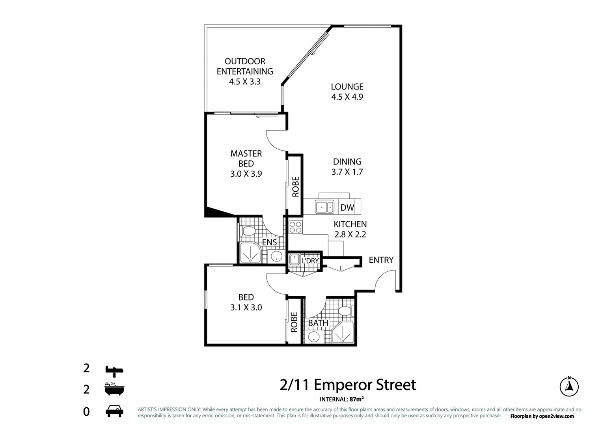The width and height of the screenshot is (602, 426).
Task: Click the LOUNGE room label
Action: click(x=347, y=87)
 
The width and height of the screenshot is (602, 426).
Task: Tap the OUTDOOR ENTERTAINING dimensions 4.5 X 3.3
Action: click(x=245, y=82)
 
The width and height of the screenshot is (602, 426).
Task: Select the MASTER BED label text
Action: click(x=246, y=159)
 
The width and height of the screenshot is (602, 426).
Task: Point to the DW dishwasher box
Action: click(x=347, y=207)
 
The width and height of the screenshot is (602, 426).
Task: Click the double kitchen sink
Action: click(x=324, y=207)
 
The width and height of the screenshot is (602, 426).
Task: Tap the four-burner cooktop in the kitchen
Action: click(x=295, y=227)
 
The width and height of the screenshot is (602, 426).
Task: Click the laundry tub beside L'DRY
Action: click(x=294, y=260)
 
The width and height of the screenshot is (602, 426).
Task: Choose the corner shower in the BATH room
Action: click(x=343, y=333)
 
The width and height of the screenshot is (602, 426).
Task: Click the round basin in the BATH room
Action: click(x=314, y=337)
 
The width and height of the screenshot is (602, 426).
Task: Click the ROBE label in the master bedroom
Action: click(x=296, y=187)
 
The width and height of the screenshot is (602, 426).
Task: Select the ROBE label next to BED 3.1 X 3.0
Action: click(x=294, y=322)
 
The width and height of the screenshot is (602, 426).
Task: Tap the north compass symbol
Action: click(x=569, y=386)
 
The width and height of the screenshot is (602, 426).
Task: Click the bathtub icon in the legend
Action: click(x=114, y=389)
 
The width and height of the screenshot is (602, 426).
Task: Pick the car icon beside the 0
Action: click(x=114, y=411)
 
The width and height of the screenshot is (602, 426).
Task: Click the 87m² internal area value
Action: click(x=356, y=399)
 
